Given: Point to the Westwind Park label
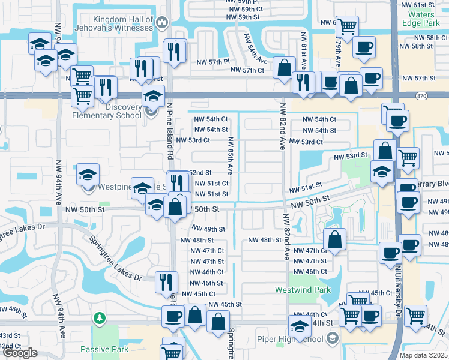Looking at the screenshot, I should click(x=295, y=290).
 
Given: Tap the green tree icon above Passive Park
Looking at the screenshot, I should click(x=100, y=317).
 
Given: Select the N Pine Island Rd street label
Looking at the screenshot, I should click(x=170, y=138).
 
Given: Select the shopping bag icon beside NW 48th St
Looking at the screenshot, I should click(x=334, y=239).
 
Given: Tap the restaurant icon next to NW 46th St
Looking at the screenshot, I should click(x=166, y=282).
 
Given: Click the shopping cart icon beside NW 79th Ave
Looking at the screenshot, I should click(x=347, y=27).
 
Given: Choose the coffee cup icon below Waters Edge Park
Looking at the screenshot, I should click(x=364, y=47).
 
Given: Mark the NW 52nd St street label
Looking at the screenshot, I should click(x=203, y=172).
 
